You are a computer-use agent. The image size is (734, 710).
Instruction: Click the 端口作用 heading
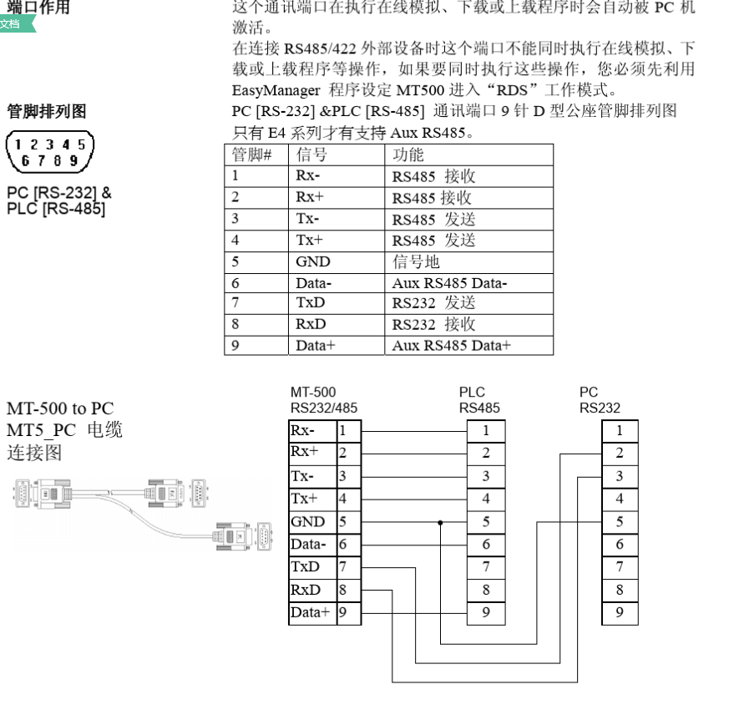click(x=38, y=8)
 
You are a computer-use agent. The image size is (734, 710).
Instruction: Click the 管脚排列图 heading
click(x=47, y=112)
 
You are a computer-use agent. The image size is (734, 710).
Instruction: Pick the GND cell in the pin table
click(x=313, y=261)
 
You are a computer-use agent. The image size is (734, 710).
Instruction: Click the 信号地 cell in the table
click(x=416, y=261)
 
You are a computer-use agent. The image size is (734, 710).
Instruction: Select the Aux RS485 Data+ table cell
click(x=451, y=345)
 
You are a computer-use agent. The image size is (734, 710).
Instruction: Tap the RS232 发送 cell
click(x=433, y=303)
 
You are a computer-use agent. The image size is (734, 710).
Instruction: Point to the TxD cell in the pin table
click(x=311, y=303)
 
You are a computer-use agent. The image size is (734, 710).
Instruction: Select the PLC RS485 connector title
click(x=479, y=400)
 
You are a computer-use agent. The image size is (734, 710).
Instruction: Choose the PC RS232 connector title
click(x=600, y=400)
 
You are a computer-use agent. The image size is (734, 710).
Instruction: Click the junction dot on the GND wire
click(x=439, y=522)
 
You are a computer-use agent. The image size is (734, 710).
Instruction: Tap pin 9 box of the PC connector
click(x=620, y=612)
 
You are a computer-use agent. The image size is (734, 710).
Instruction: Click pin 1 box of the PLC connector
click(x=486, y=431)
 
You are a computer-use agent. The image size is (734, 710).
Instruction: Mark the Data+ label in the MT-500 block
click(x=310, y=612)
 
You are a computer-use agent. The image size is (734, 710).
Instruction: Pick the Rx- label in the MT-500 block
click(x=302, y=431)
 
